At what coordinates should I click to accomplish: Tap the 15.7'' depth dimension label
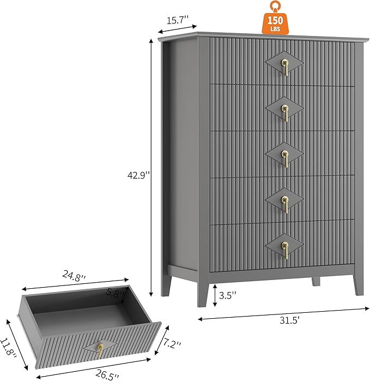177,20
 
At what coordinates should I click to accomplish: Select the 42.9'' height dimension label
139,175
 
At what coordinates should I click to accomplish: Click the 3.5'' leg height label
227,295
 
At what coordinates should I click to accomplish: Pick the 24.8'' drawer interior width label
74,276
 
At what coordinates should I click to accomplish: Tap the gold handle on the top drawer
285,67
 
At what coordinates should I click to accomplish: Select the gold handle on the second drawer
285,113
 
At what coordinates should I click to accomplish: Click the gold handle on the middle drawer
285,159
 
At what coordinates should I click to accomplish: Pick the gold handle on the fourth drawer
285,205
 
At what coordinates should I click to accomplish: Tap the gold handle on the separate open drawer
100,350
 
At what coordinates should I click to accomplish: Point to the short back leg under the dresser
316,281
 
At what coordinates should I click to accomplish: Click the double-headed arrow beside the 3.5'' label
215,295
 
